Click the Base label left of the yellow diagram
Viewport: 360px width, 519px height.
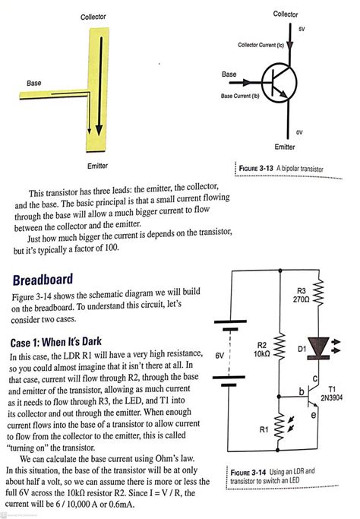click(34, 82)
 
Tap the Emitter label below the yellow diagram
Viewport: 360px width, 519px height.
click(98, 165)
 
